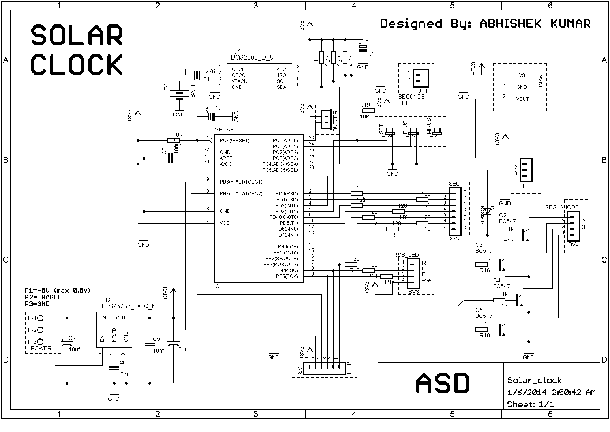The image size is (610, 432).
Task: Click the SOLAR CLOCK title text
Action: (77, 50)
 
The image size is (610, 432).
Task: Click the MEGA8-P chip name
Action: (227, 130)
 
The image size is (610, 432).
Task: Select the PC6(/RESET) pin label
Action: (235, 141)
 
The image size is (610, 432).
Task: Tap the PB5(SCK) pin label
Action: (287, 276)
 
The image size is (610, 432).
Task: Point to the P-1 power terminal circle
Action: (40, 318)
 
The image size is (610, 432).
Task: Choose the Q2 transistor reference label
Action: (503, 215)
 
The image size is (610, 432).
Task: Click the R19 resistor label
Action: (364, 105)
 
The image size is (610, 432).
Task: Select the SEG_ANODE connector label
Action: (562, 207)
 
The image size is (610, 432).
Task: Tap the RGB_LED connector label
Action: (405, 255)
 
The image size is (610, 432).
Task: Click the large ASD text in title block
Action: (443, 383)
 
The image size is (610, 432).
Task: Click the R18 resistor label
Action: (484, 335)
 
